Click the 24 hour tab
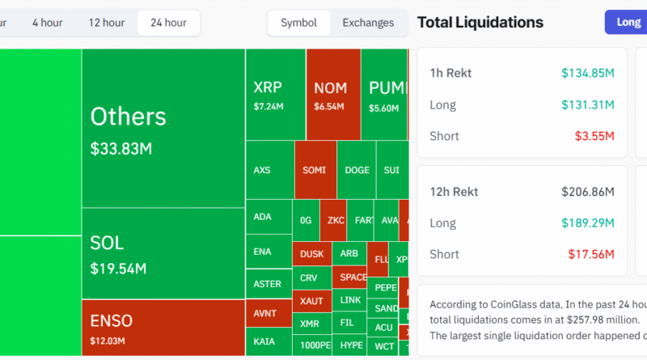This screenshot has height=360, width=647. (168, 23)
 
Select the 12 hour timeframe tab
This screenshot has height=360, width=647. (107, 23)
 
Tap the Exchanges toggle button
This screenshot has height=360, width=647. (368, 23)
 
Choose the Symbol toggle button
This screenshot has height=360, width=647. (298, 23)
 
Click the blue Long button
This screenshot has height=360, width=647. (627, 22)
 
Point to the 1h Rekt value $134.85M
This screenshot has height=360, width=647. (588, 73)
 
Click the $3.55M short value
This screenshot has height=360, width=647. (594, 136)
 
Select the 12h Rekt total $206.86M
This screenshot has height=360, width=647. (588, 192)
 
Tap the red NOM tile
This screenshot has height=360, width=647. (332, 94)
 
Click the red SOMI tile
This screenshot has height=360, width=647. (315, 170)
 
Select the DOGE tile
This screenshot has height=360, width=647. (357, 170)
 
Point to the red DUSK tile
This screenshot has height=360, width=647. (311, 253)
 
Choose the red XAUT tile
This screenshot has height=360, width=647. (311, 300)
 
